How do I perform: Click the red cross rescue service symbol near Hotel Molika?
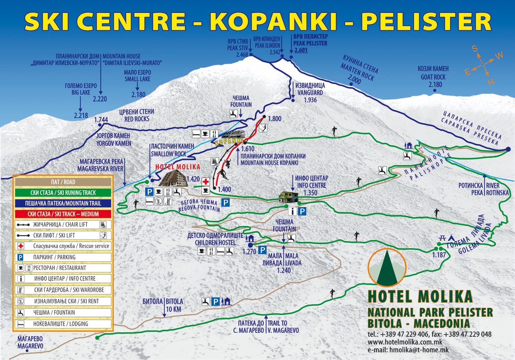(206, 182)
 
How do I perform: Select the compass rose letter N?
(490, 82)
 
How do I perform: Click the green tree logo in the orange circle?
(387, 268)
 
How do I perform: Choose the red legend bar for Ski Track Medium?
(63, 214)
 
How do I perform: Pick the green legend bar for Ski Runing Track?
(63, 193)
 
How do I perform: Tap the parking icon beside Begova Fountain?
(226, 203)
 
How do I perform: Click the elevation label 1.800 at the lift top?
(274, 119)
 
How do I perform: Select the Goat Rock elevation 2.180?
(435, 85)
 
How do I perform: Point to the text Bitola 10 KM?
(163, 305)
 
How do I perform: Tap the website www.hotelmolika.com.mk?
(405, 342)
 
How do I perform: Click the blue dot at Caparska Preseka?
(508, 149)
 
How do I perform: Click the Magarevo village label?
(30, 342)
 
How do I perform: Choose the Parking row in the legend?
(63, 257)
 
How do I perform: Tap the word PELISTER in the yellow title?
(426, 21)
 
